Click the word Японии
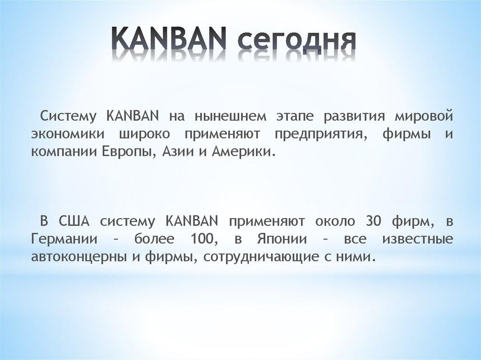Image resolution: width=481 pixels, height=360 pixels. [280, 239]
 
